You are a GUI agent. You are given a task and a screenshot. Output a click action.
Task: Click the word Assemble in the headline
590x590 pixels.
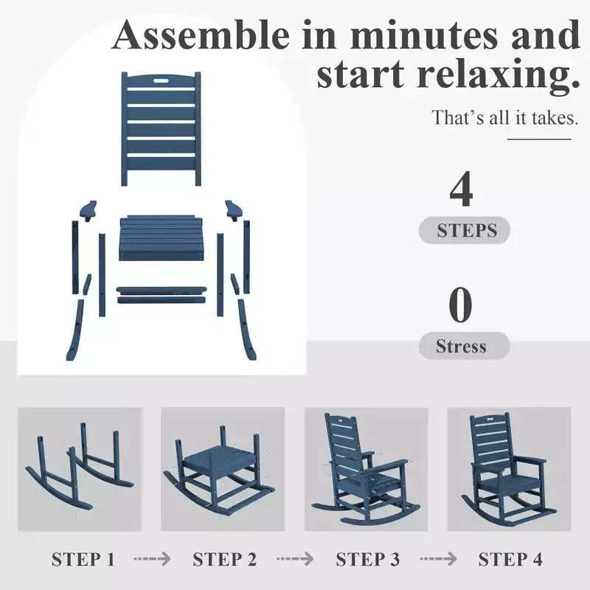tap(201, 35)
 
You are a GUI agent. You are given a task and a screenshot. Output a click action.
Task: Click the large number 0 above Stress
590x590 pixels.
tap(460, 305)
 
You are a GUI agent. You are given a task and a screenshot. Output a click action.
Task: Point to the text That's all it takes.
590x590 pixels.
tap(504, 117)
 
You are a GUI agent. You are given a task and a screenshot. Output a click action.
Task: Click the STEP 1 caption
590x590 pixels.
tap(83, 559)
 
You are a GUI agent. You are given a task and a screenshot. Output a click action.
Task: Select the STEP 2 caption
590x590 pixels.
tap(225, 559)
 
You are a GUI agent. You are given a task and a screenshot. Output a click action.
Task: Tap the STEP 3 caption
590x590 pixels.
tap(367, 559)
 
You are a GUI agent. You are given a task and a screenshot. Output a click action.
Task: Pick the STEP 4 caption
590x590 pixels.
tap(510, 559)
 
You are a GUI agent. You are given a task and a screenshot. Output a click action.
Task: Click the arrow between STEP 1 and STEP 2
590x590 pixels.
tap(152, 559)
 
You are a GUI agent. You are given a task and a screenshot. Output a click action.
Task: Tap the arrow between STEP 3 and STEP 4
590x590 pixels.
tap(438, 559)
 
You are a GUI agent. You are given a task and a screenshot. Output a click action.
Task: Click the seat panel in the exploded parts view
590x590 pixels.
tap(162, 237)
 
